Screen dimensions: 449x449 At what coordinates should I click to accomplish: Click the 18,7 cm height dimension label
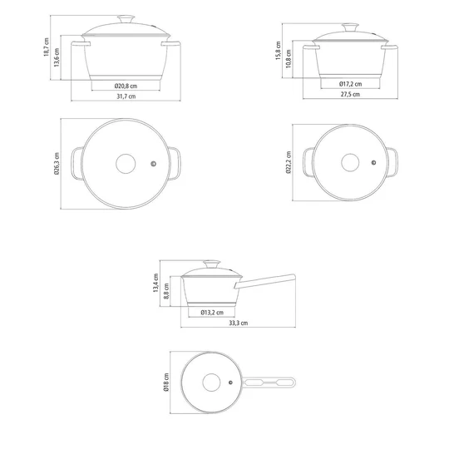tap(47, 47)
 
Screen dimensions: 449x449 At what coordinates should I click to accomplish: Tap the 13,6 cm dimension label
tap(57, 57)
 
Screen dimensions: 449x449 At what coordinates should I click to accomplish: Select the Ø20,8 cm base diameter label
tap(126, 86)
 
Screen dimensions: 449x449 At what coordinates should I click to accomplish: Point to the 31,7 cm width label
tap(126, 96)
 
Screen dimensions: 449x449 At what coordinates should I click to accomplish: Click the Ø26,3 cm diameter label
tap(57, 164)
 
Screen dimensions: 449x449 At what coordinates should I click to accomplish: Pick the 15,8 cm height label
tap(279, 51)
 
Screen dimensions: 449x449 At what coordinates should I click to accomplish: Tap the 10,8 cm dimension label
tap(289, 59)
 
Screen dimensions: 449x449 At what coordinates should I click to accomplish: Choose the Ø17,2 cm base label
tap(351, 84)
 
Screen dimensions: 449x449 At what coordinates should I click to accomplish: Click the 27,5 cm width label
tap(350, 94)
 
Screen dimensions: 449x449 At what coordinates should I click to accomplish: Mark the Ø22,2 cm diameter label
tap(289, 162)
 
